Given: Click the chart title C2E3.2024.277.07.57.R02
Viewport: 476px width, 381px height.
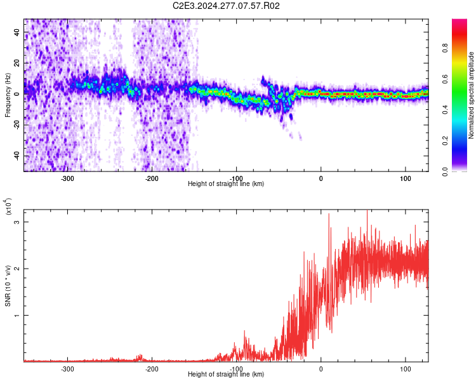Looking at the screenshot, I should [x=227, y=6].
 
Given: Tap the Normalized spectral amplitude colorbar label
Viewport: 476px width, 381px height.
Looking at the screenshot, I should [x=472, y=96].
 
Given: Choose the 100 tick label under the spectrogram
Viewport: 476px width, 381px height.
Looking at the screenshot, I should [x=406, y=178].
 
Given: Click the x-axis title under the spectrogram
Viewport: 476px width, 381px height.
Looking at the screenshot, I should [x=226, y=184].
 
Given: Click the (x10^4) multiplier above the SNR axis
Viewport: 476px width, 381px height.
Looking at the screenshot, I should [x=8, y=206].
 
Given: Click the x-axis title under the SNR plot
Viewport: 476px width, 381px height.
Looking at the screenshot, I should [x=226, y=374].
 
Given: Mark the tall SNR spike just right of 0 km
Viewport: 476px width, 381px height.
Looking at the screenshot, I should [x=329, y=215].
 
